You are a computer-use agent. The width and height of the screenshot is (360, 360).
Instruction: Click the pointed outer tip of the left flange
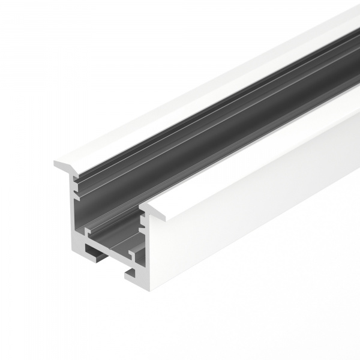point(55,163)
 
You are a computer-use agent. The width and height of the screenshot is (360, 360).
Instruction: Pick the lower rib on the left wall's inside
point(77,193)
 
